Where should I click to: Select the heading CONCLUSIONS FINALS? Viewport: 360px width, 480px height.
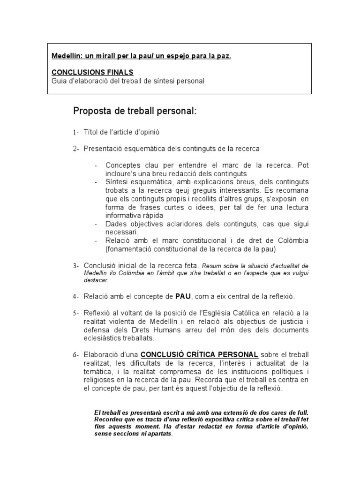click(92, 72)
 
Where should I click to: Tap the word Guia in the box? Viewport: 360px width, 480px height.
click(59, 81)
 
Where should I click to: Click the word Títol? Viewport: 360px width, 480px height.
click(92, 133)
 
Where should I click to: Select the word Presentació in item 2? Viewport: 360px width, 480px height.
click(103, 149)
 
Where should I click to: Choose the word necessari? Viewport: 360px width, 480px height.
click(121, 232)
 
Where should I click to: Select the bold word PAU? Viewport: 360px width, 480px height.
click(183, 297)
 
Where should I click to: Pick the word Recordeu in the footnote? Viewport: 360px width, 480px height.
click(110, 419)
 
